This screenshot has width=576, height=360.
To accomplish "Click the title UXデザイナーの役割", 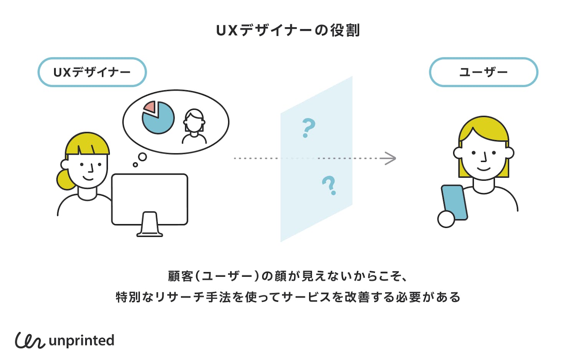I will [x=288, y=30].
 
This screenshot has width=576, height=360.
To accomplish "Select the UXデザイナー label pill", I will [x=92, y=72].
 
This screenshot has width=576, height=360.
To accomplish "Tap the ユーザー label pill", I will [x=483, y=72].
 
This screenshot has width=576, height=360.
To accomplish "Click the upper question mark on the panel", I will [x=308, y=128].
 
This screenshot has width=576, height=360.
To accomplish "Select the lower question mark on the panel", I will [x=329, y=185].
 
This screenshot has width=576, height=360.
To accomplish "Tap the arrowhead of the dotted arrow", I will [x=391, y=158].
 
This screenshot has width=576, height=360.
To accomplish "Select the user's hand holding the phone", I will [x=446, y=219].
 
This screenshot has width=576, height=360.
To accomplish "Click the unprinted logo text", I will [x=82, y=340].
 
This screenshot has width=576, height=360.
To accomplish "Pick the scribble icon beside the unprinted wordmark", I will [x=30, y=340].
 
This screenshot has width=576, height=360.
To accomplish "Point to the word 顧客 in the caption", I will [x=180, y=276].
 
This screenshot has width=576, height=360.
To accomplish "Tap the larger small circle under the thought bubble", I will [x=142, y=157].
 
